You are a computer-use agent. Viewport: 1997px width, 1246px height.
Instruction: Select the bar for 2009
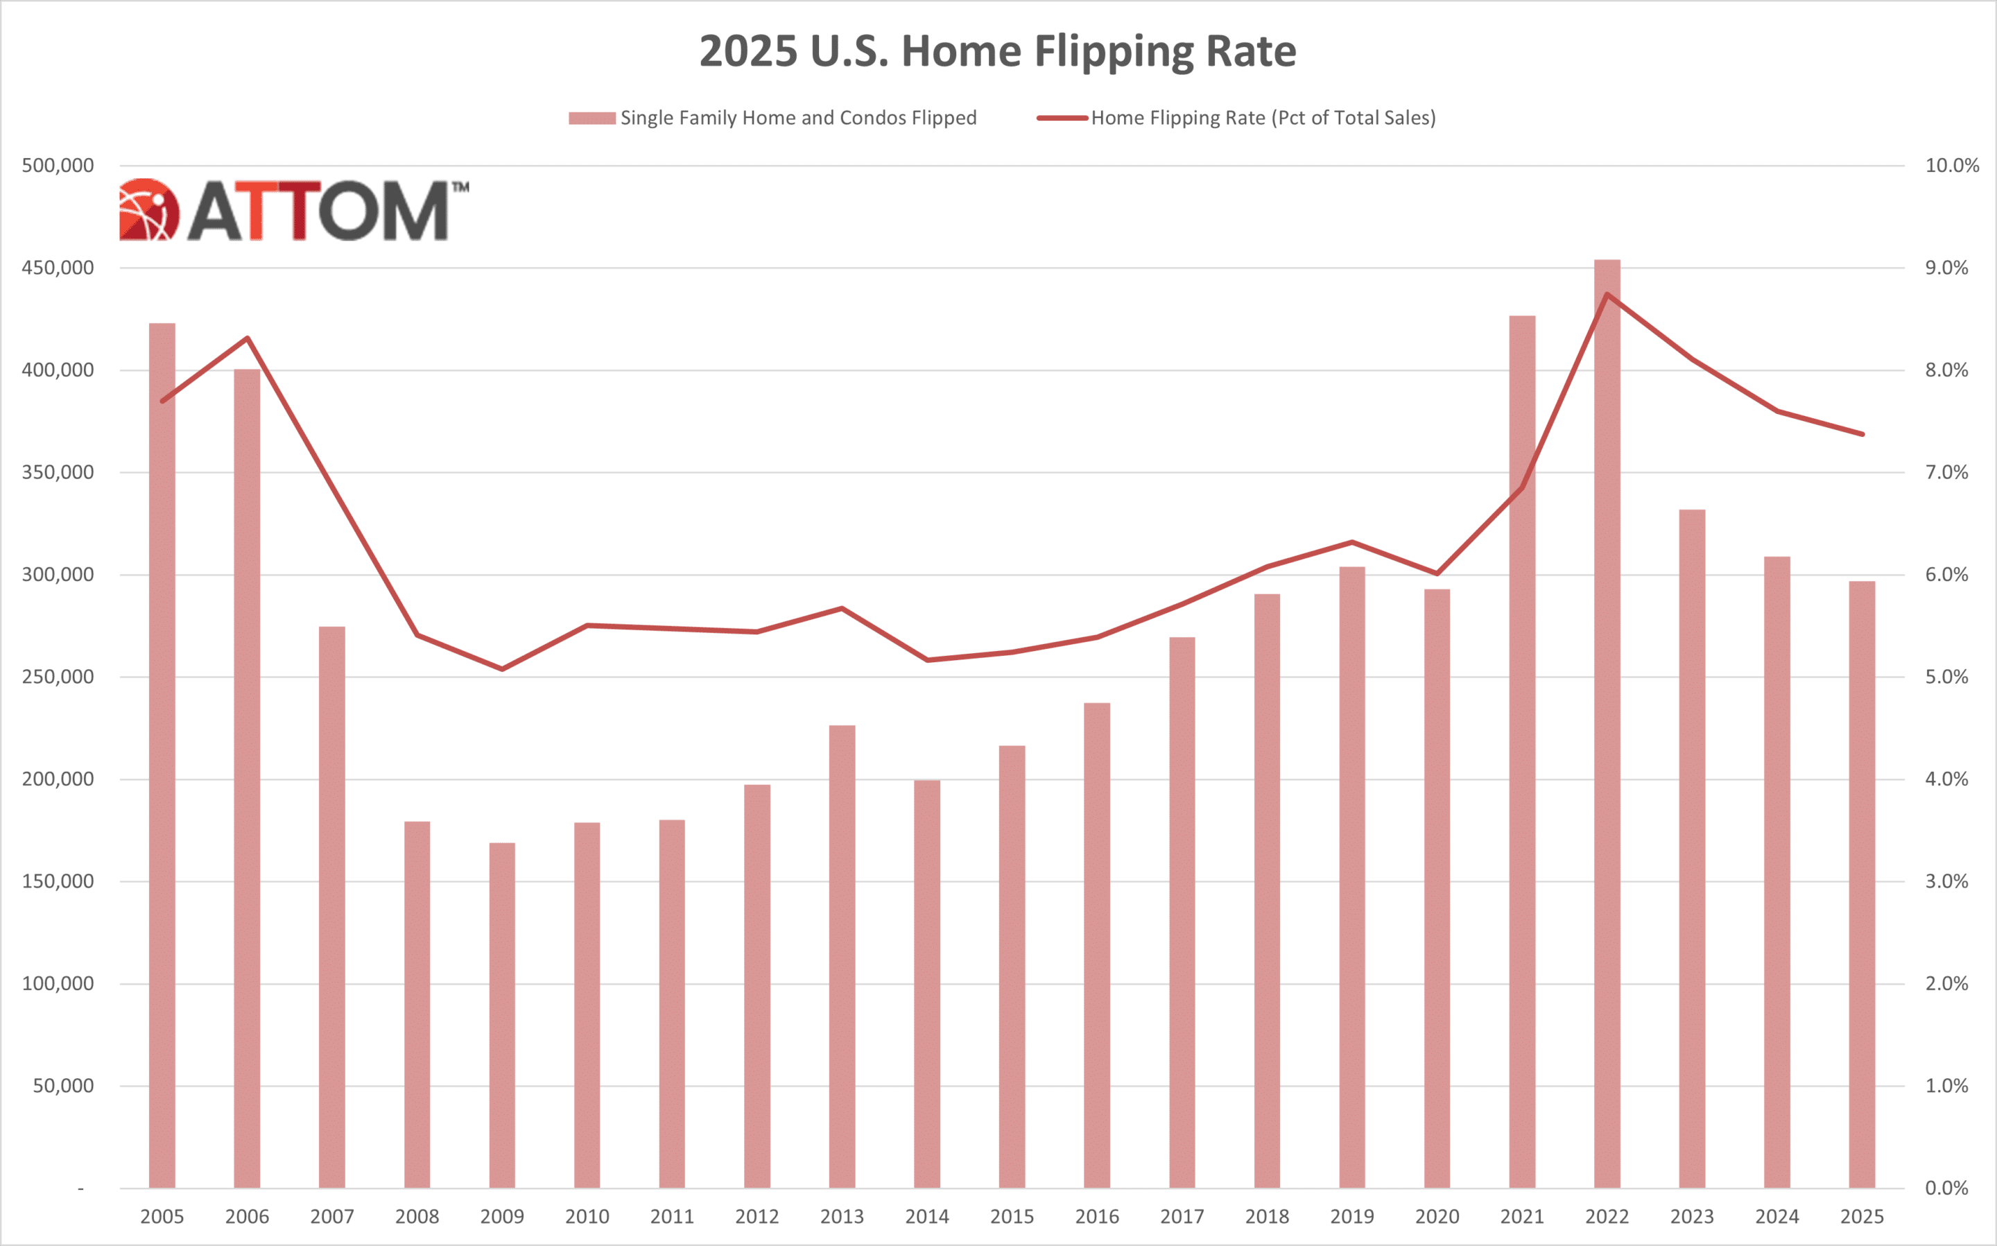(502, 1014)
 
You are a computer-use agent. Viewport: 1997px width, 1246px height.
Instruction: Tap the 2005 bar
(162, 758)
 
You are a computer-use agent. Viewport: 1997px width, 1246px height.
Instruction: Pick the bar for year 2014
(927, 985)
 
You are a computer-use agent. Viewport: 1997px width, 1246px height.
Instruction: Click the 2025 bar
(1862, 886)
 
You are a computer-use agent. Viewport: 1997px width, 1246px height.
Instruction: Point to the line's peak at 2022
(1607, 294)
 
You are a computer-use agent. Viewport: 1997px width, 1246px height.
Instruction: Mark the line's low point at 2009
(502, 669)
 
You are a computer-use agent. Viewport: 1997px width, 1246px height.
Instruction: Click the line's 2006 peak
(247, 338)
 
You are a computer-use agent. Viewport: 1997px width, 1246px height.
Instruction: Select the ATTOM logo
(293, 210)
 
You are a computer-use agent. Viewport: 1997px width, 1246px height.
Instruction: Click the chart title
(998, 51)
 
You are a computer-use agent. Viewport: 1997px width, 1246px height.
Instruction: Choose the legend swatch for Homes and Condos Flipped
(591, 119)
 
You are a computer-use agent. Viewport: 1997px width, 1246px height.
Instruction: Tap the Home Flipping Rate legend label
(1263, 119)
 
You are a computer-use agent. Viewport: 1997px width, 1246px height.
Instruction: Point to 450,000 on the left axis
(58, 268)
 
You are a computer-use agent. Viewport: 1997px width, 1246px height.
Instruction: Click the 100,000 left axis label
(58, 984)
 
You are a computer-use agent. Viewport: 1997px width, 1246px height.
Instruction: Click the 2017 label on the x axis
(1182, 1217)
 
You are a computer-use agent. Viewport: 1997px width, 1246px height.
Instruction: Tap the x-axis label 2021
(1521, 1217)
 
